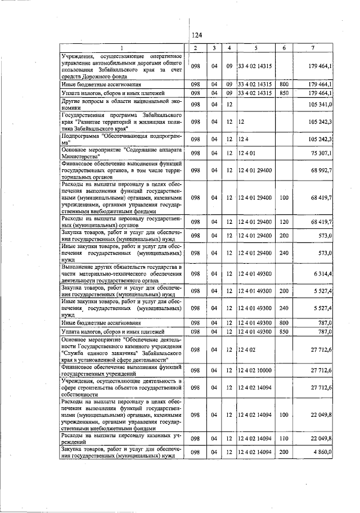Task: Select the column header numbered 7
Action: pos(319,48)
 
